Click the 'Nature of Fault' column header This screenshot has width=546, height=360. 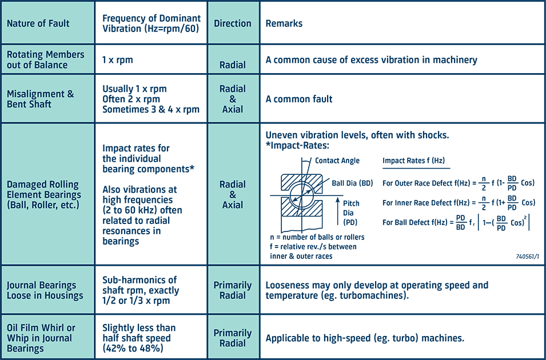pyautogui.click(x=38, y=24)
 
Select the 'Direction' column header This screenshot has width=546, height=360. pyautogui.click(x=233, y=24)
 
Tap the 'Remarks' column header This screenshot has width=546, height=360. pyautogui.click(x=284, y=24)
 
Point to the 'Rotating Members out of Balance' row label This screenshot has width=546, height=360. pyautogui.click(x=45, y=59)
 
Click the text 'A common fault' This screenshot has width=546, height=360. pyautogui.click(x=299, y=99)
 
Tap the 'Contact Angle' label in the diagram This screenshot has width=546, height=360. pyautogui.click(x=337, y=161)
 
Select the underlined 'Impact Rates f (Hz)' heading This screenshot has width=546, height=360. pyautogui.click(x=413, y=161)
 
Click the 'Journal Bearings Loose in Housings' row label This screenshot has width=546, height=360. pyautogui.click(x=45, y=290)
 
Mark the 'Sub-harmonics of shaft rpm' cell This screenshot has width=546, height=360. pyautogui.click(x=140, y=290)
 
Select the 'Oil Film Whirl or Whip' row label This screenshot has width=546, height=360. pyautogui.click(x=41, y=338)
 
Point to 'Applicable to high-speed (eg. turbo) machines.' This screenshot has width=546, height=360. pyautogui.click(x=365, y=338)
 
